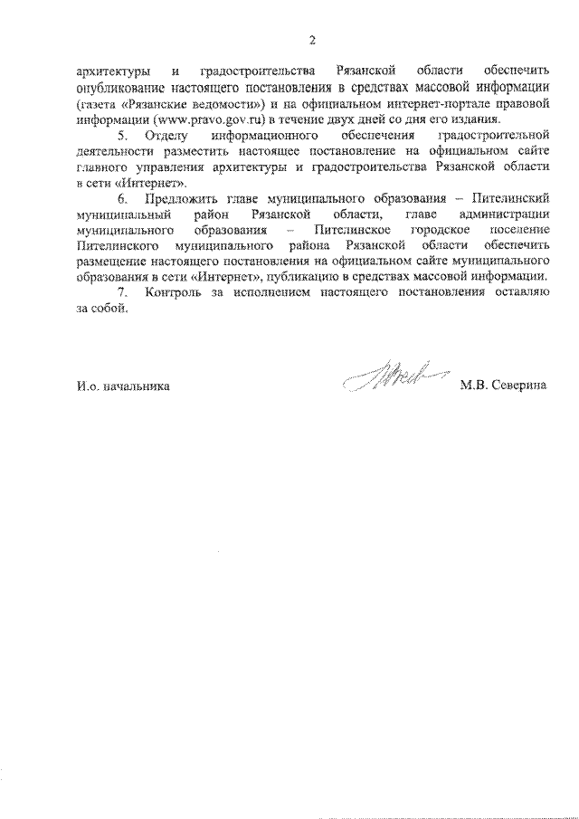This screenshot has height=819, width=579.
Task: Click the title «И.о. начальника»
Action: [x=123, y=386]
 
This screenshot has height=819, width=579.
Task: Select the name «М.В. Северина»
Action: [x=503, y=386]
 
